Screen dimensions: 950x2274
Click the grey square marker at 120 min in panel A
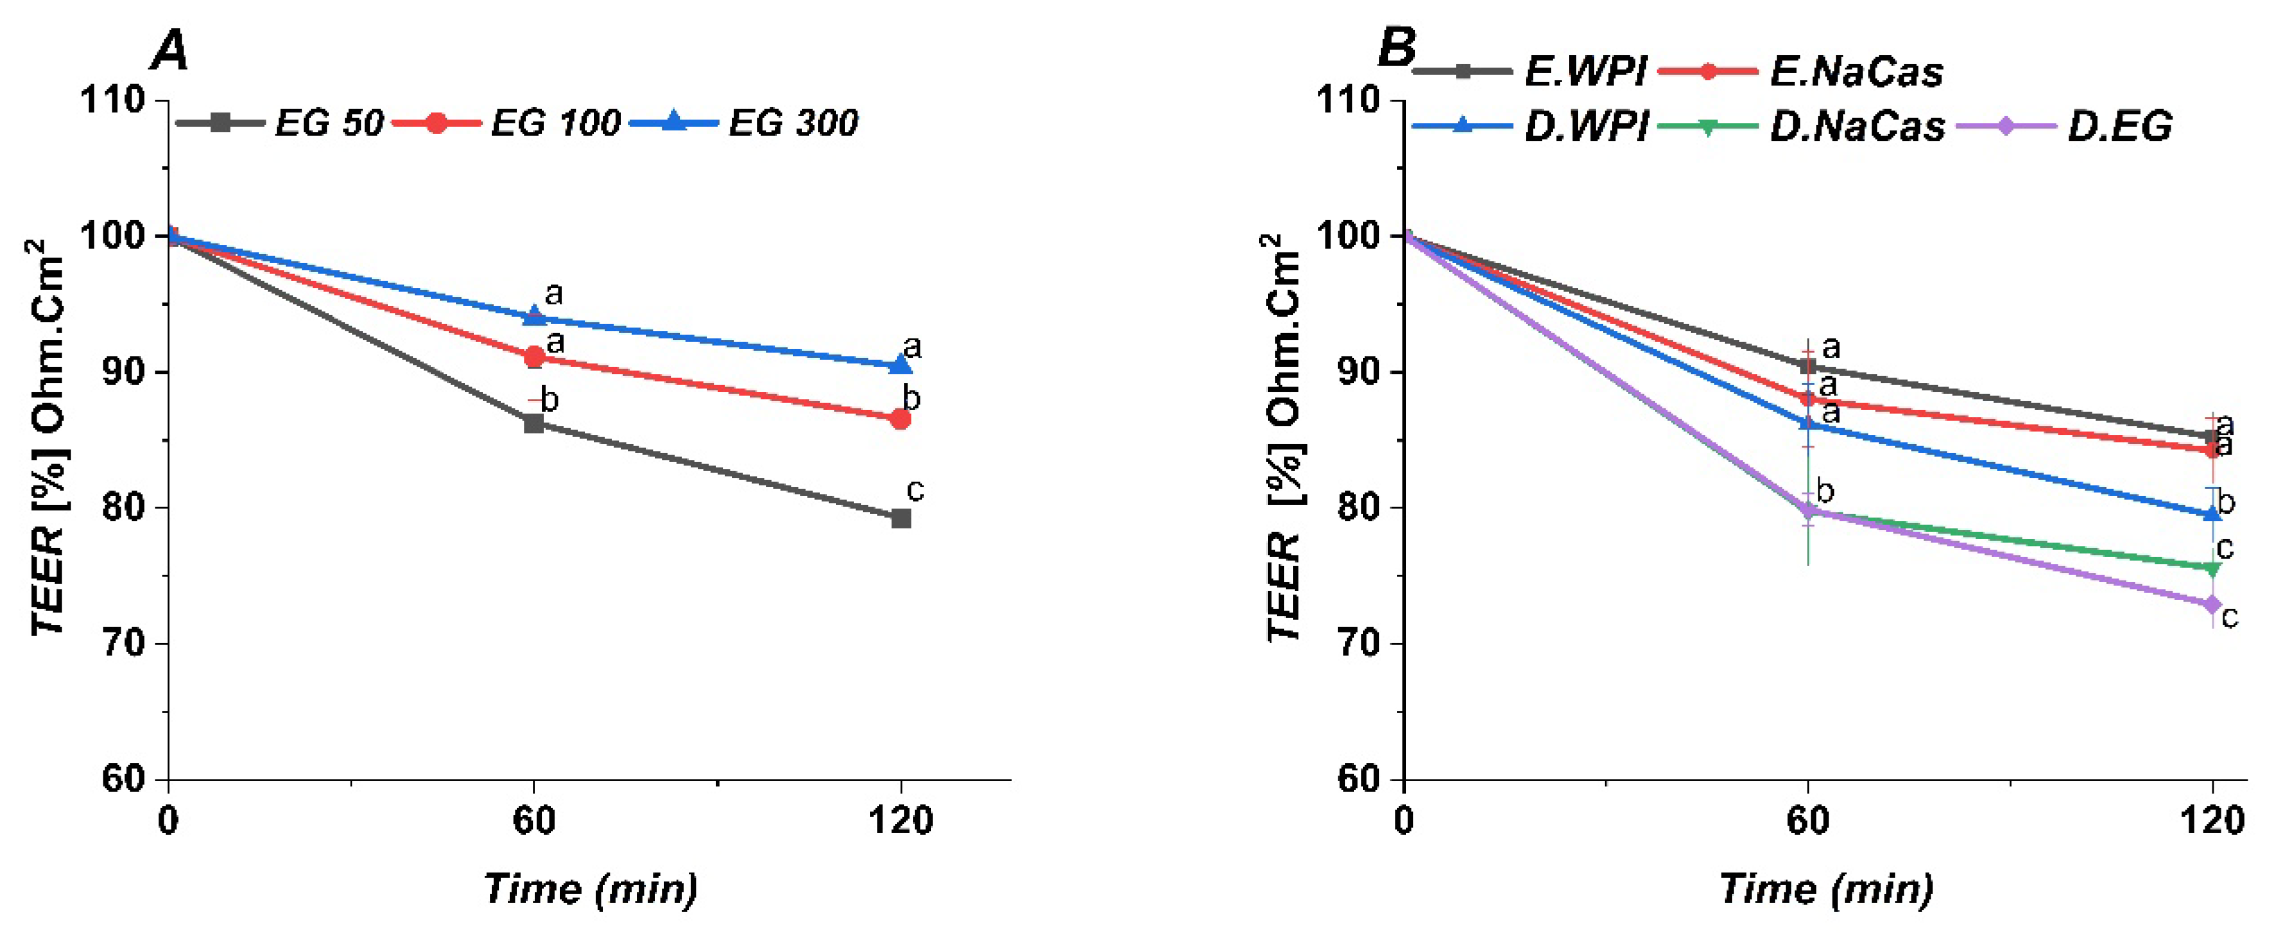900,518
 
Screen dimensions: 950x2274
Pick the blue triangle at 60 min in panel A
534,316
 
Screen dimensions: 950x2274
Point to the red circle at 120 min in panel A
900,419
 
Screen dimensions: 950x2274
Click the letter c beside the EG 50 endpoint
916,490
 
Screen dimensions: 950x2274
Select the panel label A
171,51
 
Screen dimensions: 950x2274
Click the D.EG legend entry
2065,127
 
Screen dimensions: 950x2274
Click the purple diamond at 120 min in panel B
2211,605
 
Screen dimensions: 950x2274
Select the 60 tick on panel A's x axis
534,821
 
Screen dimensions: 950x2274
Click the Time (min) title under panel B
1825,889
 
